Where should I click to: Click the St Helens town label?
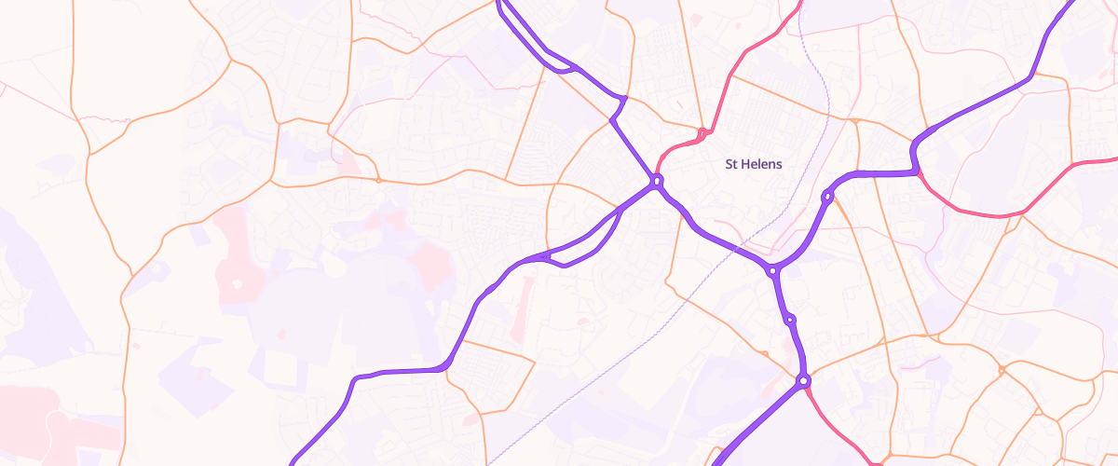(754, 164)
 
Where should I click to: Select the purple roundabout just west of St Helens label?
(657, 181)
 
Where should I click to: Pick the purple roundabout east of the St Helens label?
(826, 197)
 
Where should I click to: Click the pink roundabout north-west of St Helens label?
(701, 131)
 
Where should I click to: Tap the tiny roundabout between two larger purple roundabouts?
(790, 320)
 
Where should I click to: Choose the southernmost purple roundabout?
(803, 380)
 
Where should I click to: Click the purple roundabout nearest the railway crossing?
(772, 271)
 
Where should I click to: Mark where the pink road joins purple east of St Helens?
(918, 171)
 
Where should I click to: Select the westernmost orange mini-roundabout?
(378, 179)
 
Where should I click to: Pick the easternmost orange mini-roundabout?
(1001, 370)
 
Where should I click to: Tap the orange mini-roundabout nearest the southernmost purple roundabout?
(764, 354)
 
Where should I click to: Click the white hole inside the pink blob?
(237, 283)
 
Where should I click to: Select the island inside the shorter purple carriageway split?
(560, 65)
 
